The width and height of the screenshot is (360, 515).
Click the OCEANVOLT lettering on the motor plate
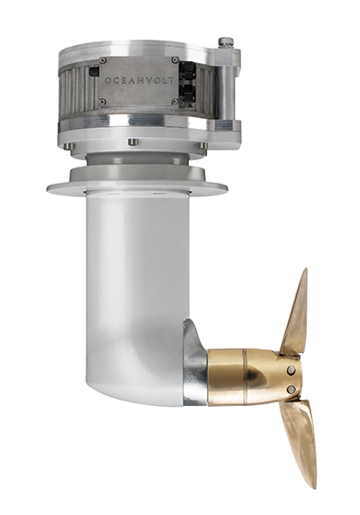point(139,80)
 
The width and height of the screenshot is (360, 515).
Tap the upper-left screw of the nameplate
point(103,60)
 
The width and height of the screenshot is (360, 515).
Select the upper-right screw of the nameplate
point(175,60)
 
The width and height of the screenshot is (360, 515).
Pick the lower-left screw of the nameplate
point(103,102)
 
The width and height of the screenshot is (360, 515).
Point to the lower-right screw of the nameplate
point(175,102)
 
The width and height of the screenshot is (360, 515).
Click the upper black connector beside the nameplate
point(188,71)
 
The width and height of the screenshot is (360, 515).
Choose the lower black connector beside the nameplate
point(188,93)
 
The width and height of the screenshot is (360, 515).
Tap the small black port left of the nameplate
point(94,72)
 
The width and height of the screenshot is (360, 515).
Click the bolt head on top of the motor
point(226,42)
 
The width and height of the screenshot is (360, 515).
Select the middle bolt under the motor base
point(133,142)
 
